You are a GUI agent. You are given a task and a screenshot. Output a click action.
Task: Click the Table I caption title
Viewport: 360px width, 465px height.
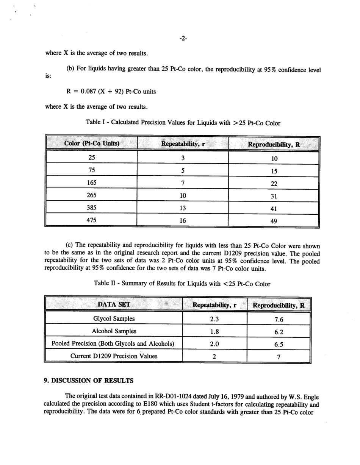point(183,123)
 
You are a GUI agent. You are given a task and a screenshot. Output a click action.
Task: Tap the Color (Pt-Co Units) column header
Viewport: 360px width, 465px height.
point(91,144)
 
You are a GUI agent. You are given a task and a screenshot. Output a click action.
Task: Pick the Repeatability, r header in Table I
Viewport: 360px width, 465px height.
point(183,144)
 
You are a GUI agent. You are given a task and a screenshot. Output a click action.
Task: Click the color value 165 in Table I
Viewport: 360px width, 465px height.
point(91,183)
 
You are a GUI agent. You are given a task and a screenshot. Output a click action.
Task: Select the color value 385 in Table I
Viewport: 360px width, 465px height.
point(91,208)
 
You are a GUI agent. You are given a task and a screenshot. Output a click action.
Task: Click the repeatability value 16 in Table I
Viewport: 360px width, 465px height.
point(183,220)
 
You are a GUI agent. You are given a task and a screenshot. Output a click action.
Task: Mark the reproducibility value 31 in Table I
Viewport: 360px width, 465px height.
point(274,195)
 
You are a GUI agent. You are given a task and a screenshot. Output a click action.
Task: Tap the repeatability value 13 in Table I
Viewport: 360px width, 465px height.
point(183,208)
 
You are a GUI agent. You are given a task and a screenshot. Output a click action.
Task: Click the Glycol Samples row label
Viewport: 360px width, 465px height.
point(114,318)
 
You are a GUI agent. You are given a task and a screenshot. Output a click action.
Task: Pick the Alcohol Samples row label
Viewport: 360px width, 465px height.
point(114,331)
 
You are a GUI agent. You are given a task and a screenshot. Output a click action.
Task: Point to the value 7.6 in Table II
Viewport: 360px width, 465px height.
point(279,319)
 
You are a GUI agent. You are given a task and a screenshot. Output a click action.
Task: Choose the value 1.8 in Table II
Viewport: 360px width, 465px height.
point(214,331)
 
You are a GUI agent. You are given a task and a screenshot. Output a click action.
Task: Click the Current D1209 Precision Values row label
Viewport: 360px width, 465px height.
point(114,356)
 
